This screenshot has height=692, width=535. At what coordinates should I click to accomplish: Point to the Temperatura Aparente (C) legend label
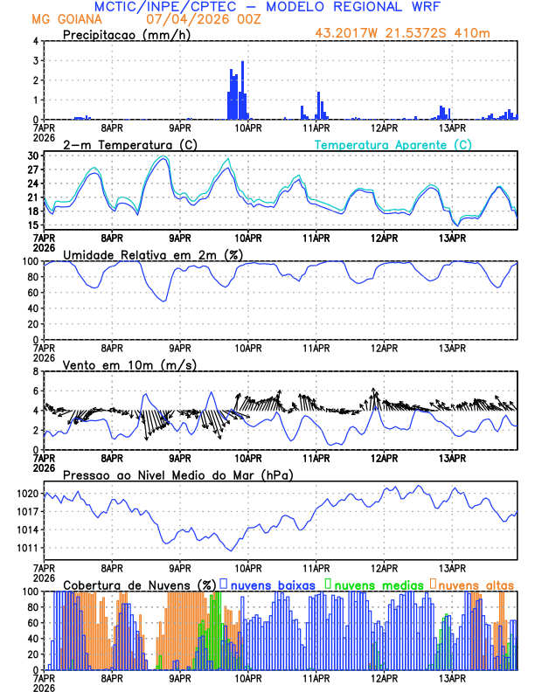click(393, 144)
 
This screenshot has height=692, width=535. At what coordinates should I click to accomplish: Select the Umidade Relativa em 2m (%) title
click(152, 254)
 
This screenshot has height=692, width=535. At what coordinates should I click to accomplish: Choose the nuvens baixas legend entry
click(273, 585)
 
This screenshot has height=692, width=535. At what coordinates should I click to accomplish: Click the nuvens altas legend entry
click(476, 585)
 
